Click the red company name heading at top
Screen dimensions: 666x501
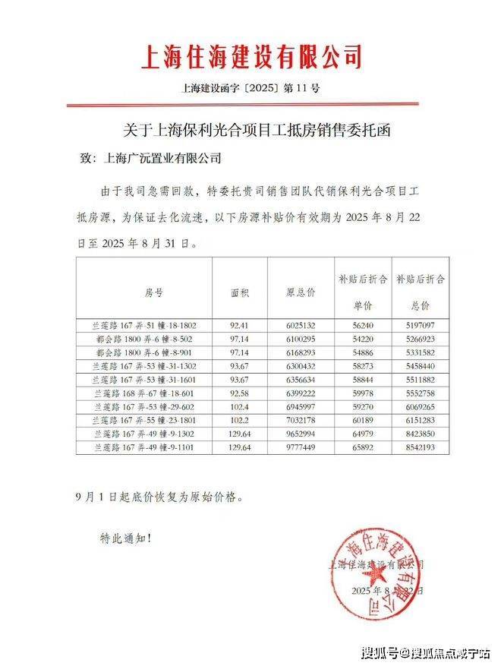click(x=251, y=58)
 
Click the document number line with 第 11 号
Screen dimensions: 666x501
click(x=251, y=89)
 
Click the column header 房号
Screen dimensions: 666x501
click(x=153, y=292)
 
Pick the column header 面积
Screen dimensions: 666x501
click(x=240, y=292)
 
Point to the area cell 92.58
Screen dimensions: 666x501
click(x=240, y=393)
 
